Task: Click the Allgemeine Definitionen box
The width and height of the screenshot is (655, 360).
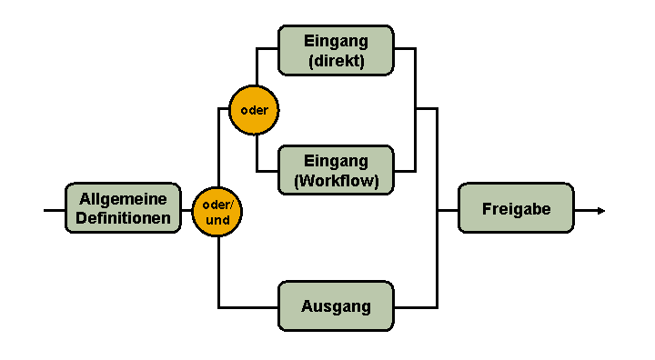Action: (123, 208)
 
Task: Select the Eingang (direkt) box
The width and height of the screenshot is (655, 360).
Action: (336, 50)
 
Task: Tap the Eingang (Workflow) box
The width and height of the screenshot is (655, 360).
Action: (336, 170)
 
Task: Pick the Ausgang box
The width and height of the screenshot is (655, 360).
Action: (336, 306)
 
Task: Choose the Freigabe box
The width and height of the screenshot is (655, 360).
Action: (516, 208)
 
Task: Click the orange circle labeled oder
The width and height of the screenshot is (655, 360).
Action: (254, 110)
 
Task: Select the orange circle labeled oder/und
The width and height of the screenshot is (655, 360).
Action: (217, 211)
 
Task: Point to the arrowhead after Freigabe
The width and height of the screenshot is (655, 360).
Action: (600, 210)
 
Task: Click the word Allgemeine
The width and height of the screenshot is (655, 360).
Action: (123, 199)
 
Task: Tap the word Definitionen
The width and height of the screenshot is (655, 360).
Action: (123, 218)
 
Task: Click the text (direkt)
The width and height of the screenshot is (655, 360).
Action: (336, 61)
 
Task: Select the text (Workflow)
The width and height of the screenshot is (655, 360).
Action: (336, 180)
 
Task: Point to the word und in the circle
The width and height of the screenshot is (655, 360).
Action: (217, 220)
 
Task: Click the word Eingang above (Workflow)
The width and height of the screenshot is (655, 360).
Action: (336, 161)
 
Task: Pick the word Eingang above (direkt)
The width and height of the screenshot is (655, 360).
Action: (336, 41)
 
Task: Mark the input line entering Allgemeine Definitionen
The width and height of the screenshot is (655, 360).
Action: (54, 210)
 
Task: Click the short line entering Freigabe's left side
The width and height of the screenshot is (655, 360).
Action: (448, 210)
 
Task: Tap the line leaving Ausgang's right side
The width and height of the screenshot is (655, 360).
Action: (415, 306)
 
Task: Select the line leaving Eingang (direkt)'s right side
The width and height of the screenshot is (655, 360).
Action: (405, 49)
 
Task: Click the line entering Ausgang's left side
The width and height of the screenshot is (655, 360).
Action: (247, 306)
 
